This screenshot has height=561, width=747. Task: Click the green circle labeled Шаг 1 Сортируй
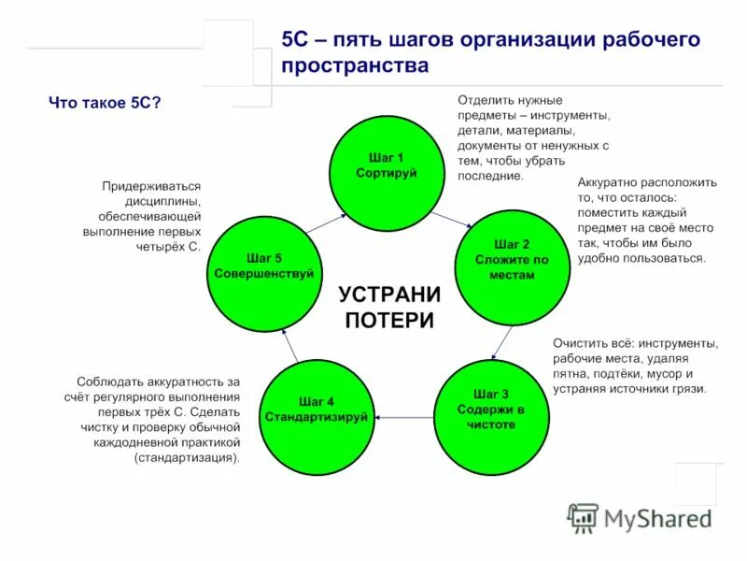386,165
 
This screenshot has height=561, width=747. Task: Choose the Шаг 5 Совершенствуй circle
262,267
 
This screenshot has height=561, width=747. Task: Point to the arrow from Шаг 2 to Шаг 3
503,341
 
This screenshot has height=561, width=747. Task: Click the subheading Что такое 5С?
105,103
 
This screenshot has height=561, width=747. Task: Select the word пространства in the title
355,66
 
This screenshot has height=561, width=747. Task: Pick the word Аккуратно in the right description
610,183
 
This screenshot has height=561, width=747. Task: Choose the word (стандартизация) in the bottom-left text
187,458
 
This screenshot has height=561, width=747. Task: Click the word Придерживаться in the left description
151,187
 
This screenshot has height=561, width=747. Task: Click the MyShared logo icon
584,518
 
